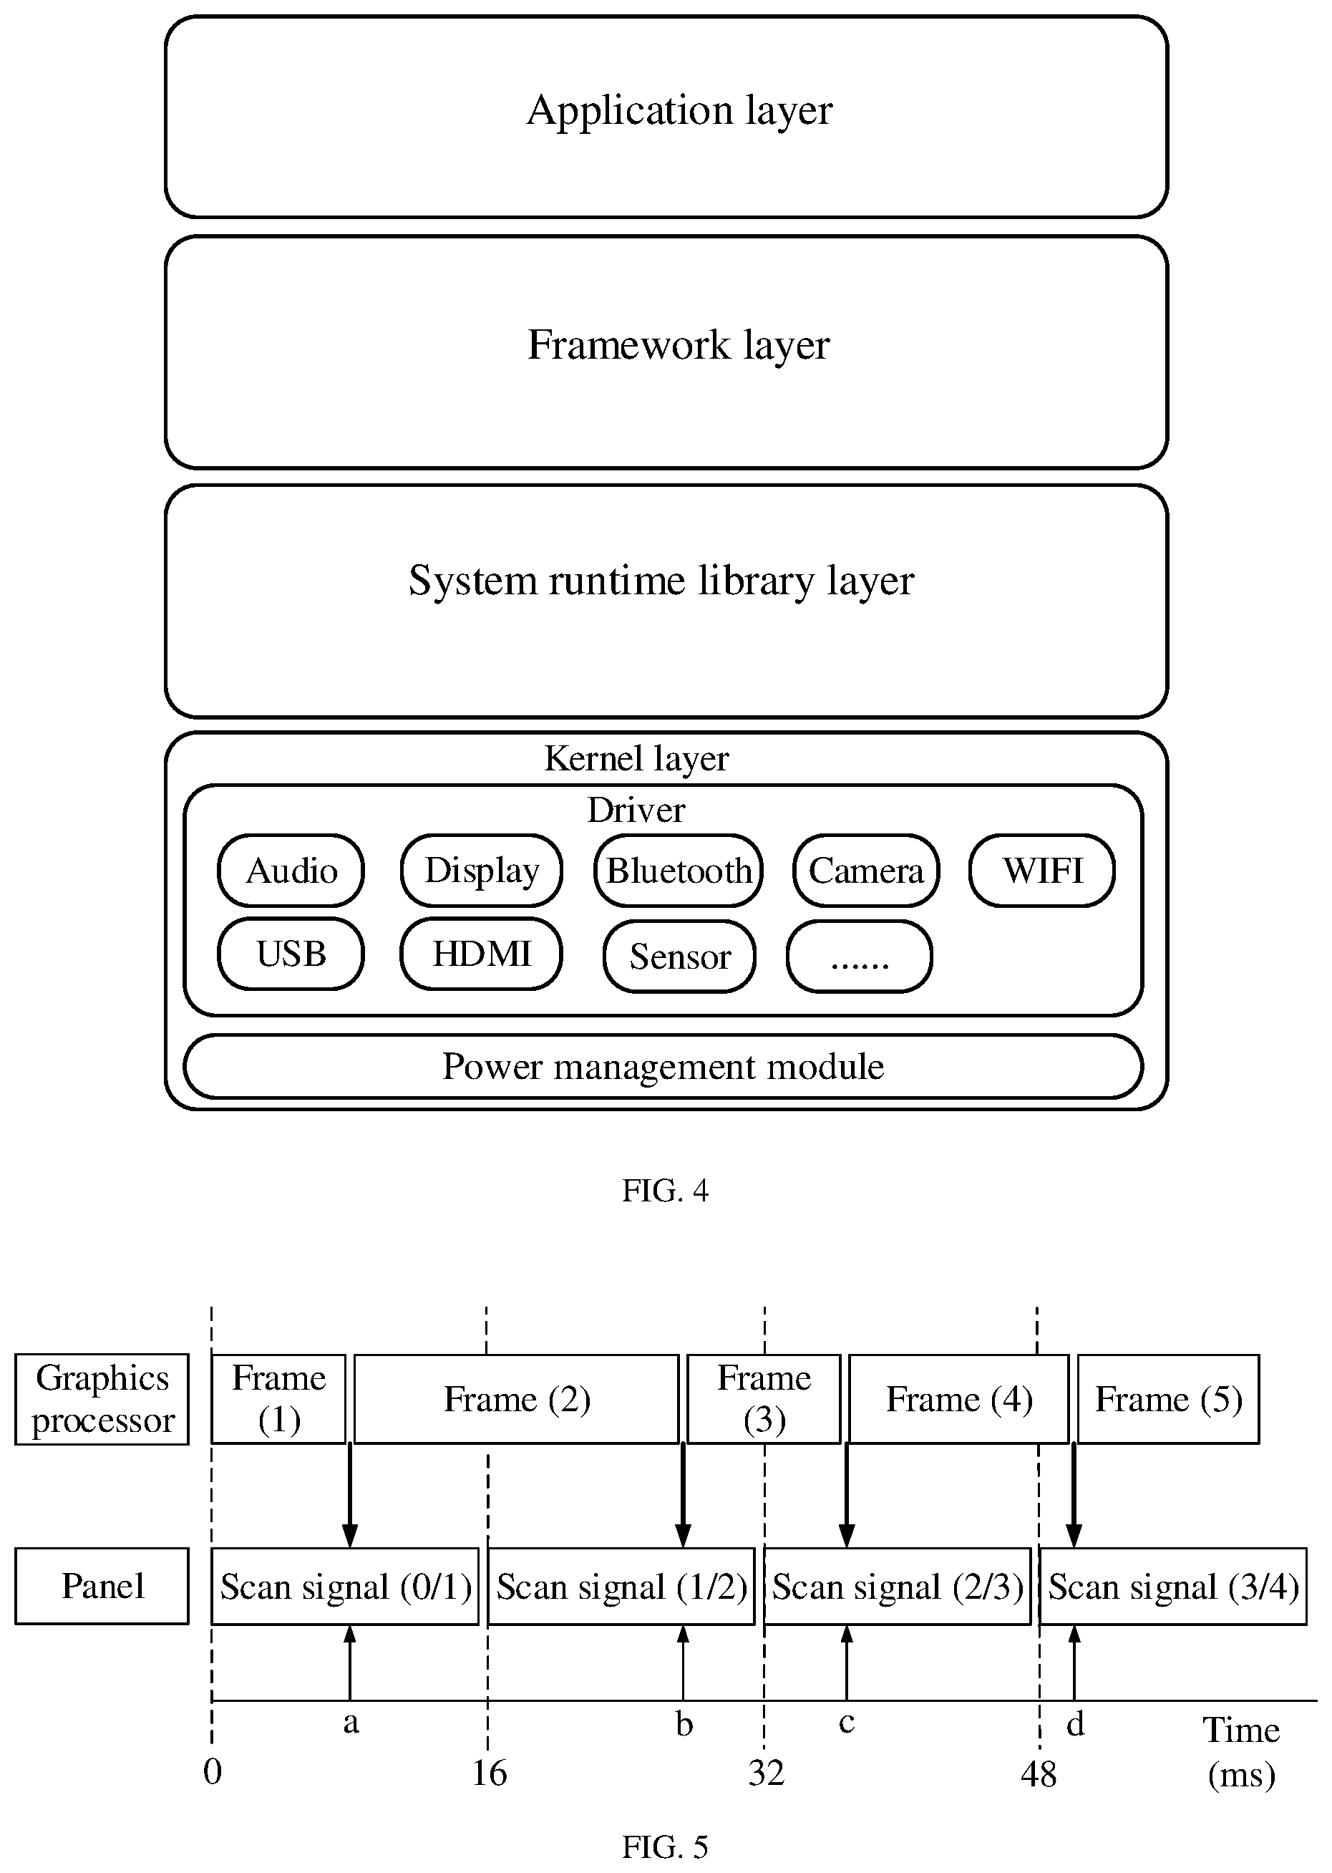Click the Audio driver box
[291, 870]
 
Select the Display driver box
[482, 870]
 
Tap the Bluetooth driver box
[679, 870]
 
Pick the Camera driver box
[866, 870]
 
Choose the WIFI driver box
[1041, 870]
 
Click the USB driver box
[291, 953]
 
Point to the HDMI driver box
[482, 953]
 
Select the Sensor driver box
[679, 956]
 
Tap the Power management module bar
[663, 1065]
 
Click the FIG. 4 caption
[664, 1189]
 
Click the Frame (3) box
[764, 1399]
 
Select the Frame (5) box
[1168, 1399]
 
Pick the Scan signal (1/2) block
[621, 1587]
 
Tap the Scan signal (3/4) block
[1173, 1587]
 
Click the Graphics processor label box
[102, 1399]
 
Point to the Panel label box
[102, 1586]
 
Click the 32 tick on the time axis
[766, 1773]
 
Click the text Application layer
[679, 110]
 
